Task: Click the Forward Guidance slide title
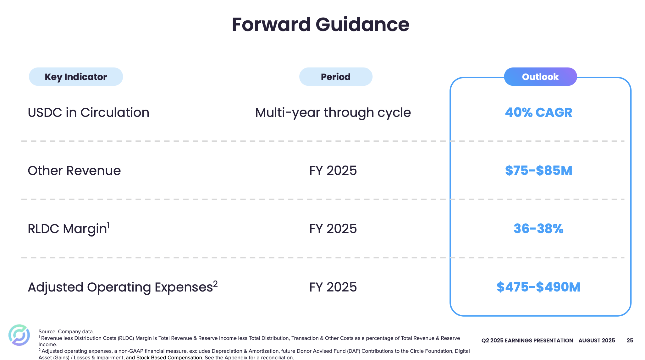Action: point(320,25)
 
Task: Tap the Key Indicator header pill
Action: point(76,77)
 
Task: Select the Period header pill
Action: point(335,77)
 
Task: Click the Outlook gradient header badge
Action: point(540,77)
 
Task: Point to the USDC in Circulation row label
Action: point(88,112)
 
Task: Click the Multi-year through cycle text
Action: point(333,112)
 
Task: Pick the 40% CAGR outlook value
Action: point(538,112)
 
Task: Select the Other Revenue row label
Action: point(74,171)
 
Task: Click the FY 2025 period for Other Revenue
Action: point(333,171)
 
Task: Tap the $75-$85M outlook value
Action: point(538,171)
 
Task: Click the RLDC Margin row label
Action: point(67,229)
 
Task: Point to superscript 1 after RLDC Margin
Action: point(108,225)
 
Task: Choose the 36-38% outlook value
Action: point(538,229)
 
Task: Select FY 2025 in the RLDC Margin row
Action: point(333,229)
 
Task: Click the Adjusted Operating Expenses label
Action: point(120,287)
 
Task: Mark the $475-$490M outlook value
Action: point(538,287)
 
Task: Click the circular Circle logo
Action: point(19,335)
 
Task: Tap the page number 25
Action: point(630,341)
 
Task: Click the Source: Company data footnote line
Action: point(66,331)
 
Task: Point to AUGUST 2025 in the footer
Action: point(597,341)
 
